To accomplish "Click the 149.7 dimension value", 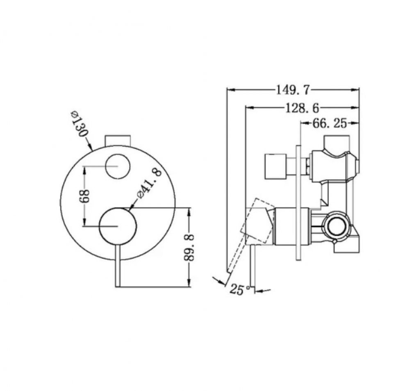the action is pos(293,91).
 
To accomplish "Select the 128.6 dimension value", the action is pos(302,108).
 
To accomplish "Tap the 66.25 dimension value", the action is pos(330,123).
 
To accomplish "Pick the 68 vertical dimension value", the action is pos(85,196).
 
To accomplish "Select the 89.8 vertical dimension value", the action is pos(189,247).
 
